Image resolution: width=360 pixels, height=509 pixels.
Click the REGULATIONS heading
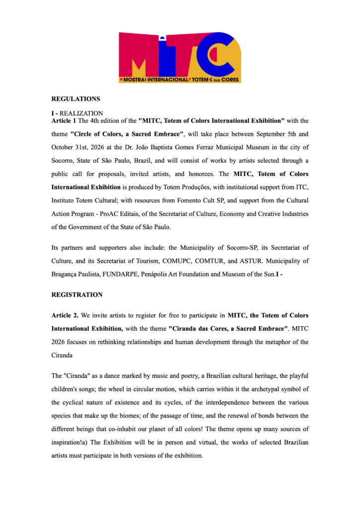(x=76, y=99)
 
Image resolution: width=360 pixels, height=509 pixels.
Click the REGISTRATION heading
(x=77, y=295)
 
